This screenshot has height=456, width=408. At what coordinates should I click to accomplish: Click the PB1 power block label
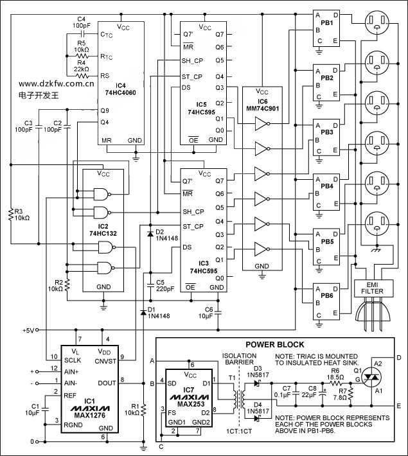[326, 24]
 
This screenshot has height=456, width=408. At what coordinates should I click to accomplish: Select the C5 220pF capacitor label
[164, 285]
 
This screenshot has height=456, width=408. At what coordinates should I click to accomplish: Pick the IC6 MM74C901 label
[262, 104]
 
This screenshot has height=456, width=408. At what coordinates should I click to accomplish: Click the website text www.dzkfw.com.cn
[57, 83]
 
